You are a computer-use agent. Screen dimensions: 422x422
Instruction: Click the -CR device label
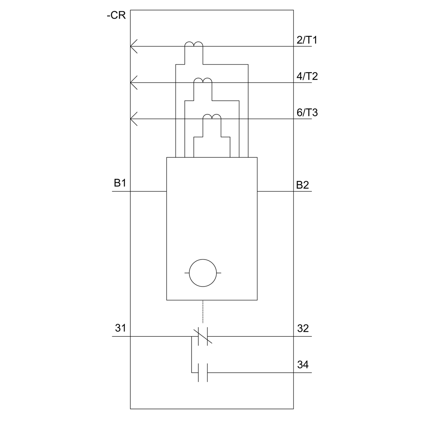(116, 15)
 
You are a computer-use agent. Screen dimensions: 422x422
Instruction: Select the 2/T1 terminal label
(307, 40)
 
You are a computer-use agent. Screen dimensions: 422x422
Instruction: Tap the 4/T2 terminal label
(307, 76)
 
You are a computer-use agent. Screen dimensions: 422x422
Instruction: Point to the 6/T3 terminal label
(307, 113)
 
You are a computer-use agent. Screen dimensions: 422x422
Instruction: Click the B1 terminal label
(120, 183)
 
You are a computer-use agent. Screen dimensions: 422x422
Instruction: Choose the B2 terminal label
(303, 185)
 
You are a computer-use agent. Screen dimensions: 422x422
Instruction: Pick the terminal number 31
(120, 328)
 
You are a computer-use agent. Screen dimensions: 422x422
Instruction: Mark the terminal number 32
(303, 328)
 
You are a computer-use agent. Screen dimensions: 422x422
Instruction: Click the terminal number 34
(303, 365)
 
